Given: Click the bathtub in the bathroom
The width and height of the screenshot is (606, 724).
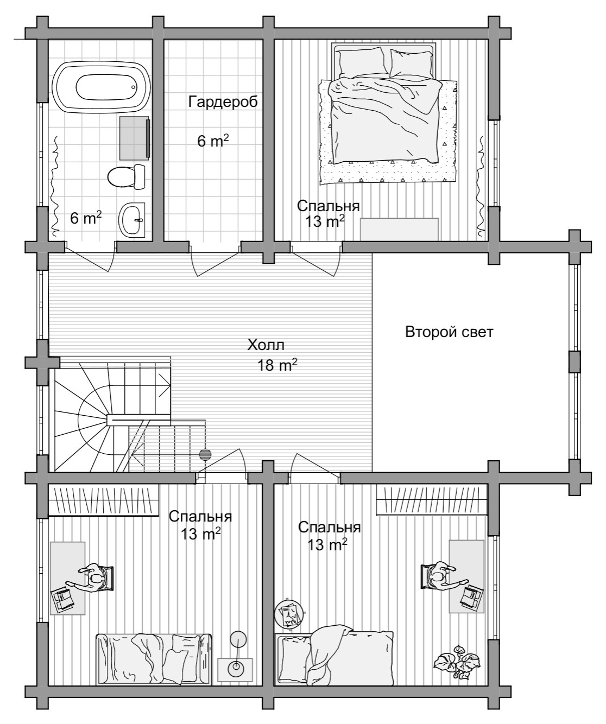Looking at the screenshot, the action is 102,86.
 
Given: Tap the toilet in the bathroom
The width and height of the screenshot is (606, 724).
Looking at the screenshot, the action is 127,177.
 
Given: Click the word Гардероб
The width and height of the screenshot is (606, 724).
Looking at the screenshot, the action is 223,102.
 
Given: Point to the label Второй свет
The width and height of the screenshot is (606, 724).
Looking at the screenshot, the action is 449,332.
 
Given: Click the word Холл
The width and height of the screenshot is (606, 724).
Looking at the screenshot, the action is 266,345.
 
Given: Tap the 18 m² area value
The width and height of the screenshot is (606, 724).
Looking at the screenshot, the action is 277,365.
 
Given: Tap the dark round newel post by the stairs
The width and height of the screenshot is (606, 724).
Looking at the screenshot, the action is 205,454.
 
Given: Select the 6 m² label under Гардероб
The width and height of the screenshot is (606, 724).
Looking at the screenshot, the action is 213,141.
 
